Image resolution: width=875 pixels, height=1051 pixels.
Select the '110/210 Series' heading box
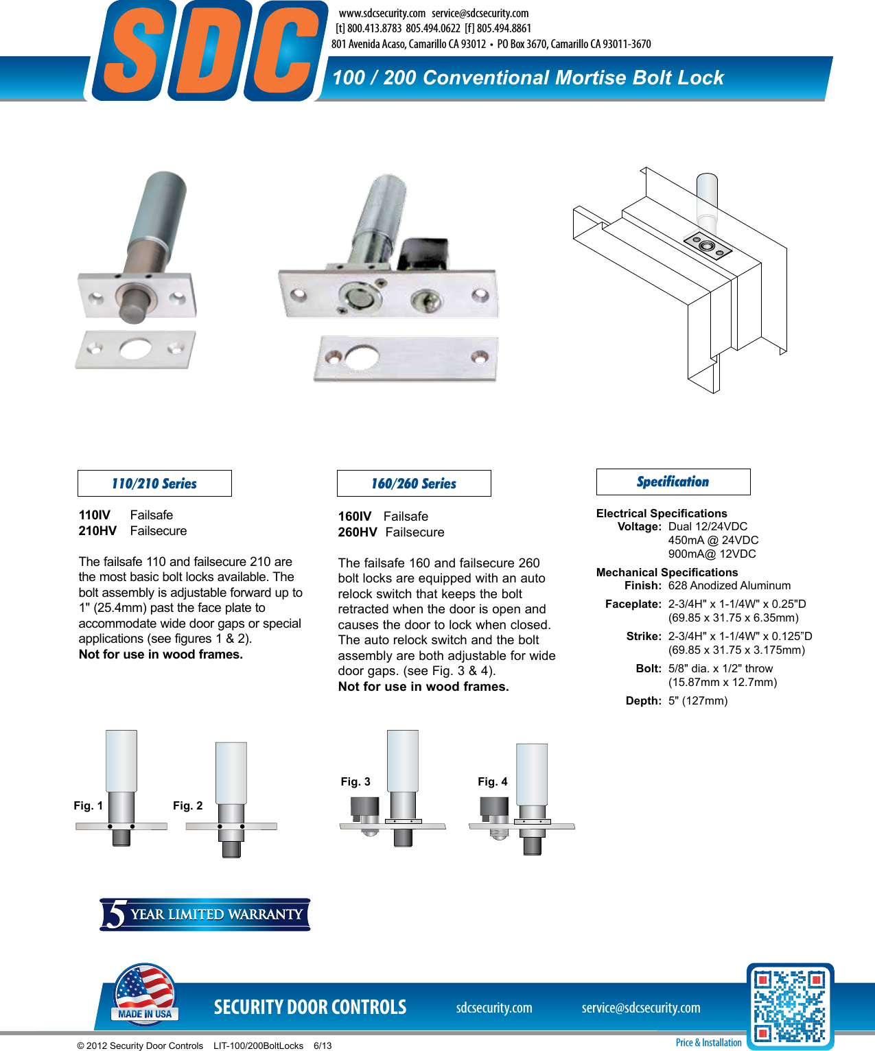pyautogui.click(x=154, y=484)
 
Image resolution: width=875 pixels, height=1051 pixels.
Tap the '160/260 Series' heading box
pyautogui.click(x=414, y=484)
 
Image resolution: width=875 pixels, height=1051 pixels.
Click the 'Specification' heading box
pyautogui.click(x=673, y=482)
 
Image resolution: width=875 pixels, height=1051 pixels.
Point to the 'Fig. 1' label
pyautogui.click(x=88, y=806)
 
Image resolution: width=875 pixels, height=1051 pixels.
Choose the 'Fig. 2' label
pyautogui.click(x=187, y=806)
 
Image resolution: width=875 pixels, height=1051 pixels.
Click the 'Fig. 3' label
pyautogui.click(x=355, y=782)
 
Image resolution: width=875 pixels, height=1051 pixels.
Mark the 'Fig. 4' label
pyautogui.click(x=493, y=782)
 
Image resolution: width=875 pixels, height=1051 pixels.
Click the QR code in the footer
pyautogui.click(x=790, y=1006)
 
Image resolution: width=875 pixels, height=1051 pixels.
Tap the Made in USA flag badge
pyautogui.click(x=145, y=994)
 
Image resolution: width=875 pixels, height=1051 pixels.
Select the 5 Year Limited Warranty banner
pyautogui.click(x=205, y=914)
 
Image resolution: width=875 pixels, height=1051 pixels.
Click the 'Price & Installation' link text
pyautogui.click(x=708, y=1043)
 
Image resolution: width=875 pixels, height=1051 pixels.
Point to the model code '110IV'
pyautogui.click(x=95, y=515)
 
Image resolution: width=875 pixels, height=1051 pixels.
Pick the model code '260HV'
pyautogui.click(x=358, y=532)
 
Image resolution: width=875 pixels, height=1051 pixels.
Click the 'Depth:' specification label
pyautogui.click(x=644, y=701)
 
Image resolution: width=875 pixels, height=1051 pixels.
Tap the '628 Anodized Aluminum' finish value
pyautogui.click(x=730, y=586)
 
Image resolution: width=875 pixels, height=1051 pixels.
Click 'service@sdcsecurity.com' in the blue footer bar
pyautogui.click(x=641, y=1008)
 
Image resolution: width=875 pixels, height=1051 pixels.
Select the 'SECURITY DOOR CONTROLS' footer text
pyautogui.click(x=310, y=1007)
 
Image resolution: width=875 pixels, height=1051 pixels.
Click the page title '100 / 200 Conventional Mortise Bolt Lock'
pyautogui.click(x=528, y=78)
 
